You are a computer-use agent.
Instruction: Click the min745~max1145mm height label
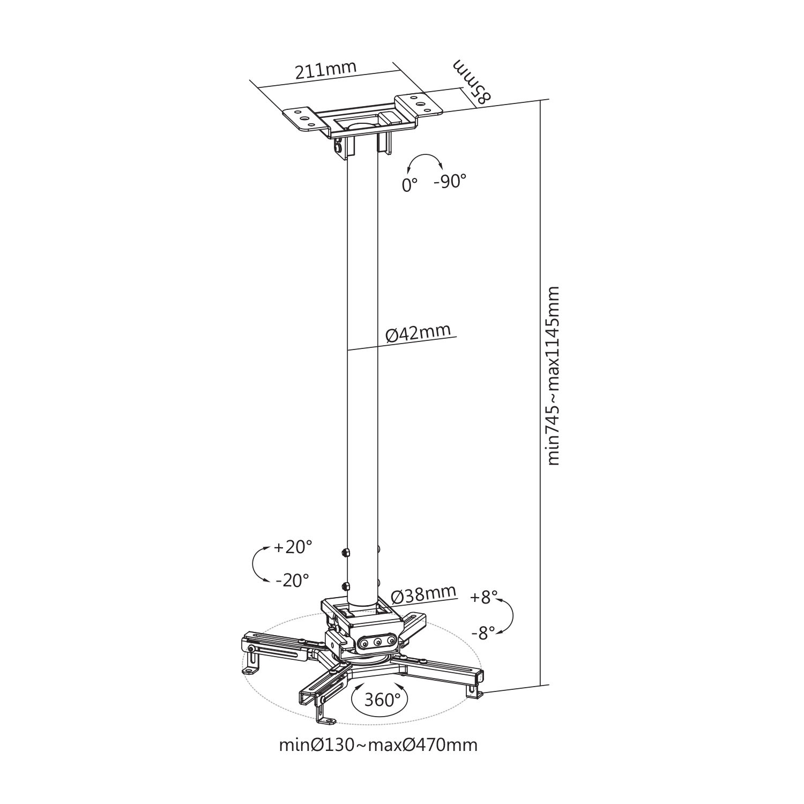pyautogui.click(x=554, y=376)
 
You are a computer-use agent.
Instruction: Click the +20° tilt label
pyautogui.click(x=293, y=547)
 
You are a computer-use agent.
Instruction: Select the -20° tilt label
pyautogui.click(x=292, y=579)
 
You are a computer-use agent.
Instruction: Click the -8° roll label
pyautogui.click(x=484, y=633)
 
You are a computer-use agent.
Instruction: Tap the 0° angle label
pyautogui.click(x=410, y=185)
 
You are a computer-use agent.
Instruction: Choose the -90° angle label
pyautogui.click(x=450, y=182)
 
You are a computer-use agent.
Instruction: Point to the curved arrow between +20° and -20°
pyautogui.click(x=254, y=564)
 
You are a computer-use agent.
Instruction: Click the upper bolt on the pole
pyautogui.click(x=346, y=552)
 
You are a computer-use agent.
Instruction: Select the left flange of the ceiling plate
pyautogui.click(x=302, y=120)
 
